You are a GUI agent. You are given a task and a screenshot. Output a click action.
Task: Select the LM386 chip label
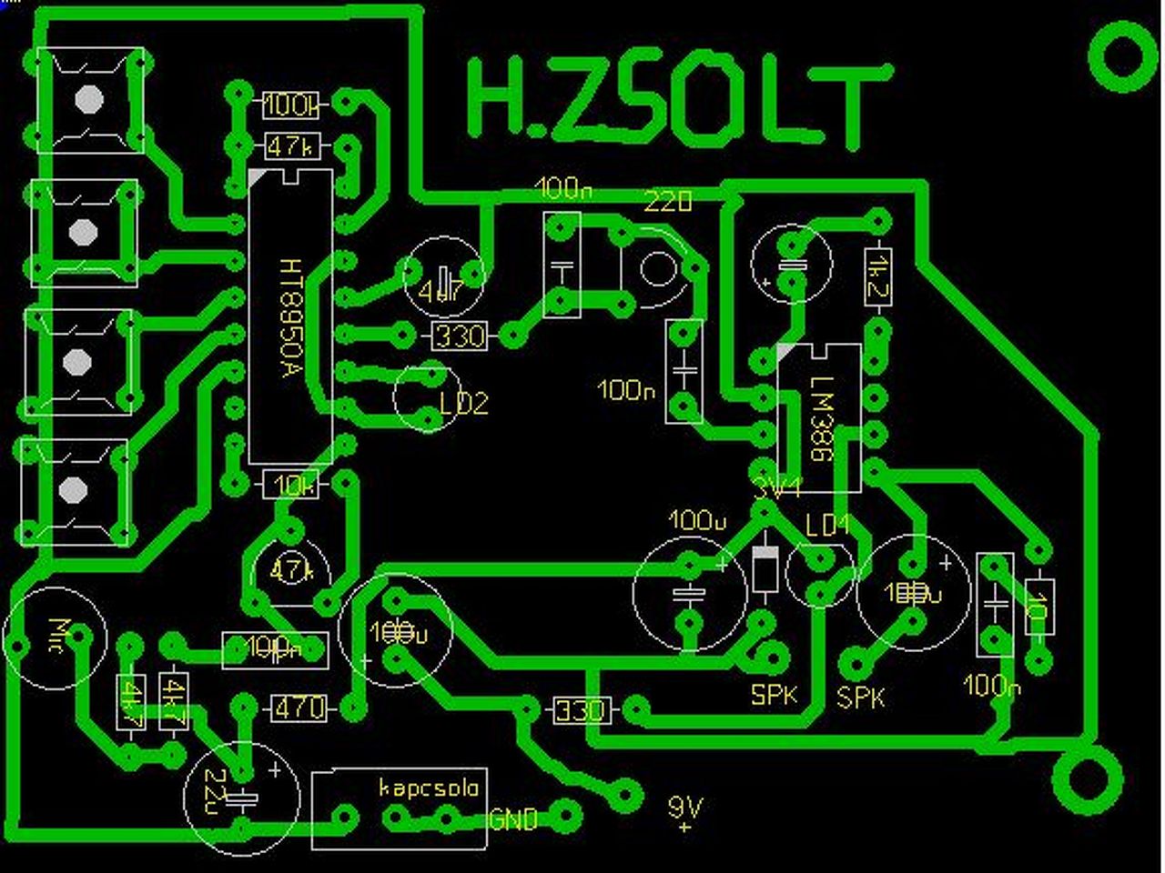click(821, 418)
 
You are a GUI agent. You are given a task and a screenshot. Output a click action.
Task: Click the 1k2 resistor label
click(878, 276)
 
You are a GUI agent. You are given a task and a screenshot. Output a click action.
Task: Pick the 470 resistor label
click(299, 707)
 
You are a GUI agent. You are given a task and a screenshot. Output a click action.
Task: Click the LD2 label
click(464, 402)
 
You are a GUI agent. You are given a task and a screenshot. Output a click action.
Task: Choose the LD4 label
click(827, 525)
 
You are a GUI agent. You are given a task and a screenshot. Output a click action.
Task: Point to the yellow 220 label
click(668, 202)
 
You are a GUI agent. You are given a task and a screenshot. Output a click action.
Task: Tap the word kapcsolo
click(429, 787)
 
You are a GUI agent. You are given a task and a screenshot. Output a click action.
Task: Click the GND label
click(513, 819)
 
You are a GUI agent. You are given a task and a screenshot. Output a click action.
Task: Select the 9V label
click(684, 807)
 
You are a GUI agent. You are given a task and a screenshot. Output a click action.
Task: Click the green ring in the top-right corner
click(1123, 56)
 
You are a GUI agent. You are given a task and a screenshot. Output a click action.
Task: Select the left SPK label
click(774, 695)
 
